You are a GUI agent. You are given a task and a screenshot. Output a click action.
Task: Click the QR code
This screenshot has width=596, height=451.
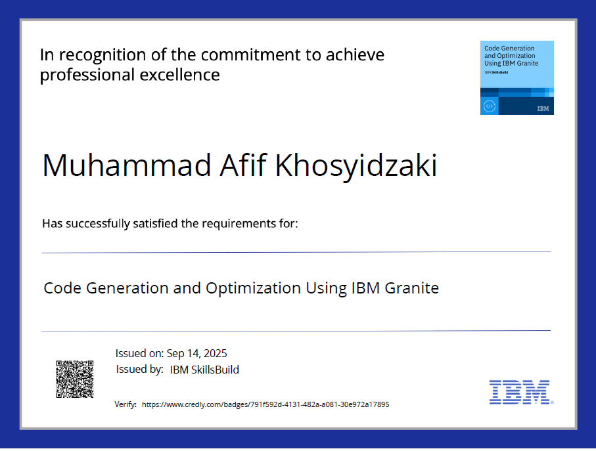[74, 379]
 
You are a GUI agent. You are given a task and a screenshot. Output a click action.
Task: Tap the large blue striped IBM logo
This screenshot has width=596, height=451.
[519, 391]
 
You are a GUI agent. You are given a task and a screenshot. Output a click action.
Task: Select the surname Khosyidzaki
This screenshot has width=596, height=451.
[355, 167]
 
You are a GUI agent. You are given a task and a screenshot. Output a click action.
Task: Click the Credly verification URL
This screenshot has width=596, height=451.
[265, 404]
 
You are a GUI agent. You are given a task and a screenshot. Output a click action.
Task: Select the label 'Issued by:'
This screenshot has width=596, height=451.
[139, 370]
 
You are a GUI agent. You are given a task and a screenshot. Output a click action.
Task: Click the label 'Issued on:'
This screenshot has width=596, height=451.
[139, 353]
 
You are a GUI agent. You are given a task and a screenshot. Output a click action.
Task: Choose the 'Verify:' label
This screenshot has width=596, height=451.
[126, 404]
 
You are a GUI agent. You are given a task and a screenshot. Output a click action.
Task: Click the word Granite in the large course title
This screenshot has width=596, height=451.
[412, 288]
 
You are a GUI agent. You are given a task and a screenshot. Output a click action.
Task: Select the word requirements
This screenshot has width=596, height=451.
[239, 224]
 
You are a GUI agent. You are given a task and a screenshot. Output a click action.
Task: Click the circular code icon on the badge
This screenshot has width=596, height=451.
[489, 106]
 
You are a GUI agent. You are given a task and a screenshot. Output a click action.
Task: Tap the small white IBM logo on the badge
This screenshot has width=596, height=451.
[543, 108]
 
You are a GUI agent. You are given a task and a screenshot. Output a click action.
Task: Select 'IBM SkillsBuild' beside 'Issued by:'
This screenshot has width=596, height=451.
[204, 370]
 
